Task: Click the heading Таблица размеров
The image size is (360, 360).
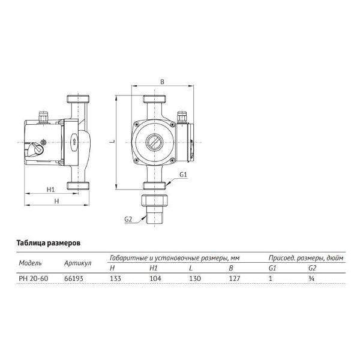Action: [49, 243]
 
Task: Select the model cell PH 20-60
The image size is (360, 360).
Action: [34, 278]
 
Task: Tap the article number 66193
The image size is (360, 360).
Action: [74, 278]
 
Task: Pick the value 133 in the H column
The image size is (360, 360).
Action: [115, 278]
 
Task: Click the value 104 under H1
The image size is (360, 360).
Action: [155, 278]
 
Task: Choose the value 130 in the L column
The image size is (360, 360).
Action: [195, 278]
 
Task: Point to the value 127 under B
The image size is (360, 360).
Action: [235, 278]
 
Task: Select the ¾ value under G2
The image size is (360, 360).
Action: [311, 278]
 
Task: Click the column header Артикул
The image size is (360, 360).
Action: [77, 263]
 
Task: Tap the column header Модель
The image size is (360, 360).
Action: [31, 263]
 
